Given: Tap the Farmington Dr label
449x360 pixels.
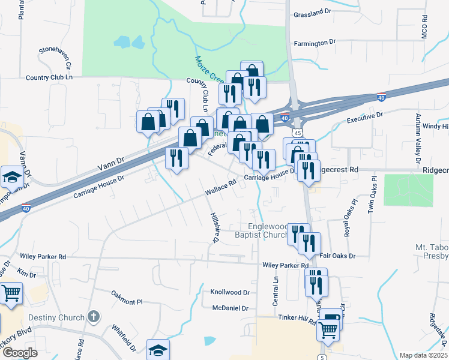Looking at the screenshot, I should (315, 43).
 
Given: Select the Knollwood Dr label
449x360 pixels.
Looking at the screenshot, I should (229, 292).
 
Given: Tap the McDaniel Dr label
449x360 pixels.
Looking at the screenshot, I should (230, 308).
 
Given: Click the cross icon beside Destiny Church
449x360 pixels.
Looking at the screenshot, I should (92, 316).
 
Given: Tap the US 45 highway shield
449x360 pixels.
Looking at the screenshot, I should (297, 132).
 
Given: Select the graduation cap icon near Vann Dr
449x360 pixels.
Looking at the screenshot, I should (12, 177).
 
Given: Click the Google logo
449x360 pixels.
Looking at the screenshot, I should (20, 353).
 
